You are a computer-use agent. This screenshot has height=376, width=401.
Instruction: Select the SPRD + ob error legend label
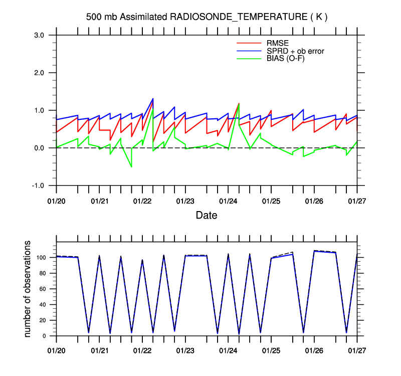[295, 51]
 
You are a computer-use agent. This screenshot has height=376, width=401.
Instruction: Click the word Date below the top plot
[207, 216]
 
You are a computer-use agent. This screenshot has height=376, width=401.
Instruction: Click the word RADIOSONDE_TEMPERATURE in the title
[237, 17]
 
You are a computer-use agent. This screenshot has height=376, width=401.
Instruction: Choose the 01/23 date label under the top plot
[185, 201]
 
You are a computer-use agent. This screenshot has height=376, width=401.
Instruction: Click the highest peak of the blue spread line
[153, 98]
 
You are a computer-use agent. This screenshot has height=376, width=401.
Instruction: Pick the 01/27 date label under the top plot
[357, 201]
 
